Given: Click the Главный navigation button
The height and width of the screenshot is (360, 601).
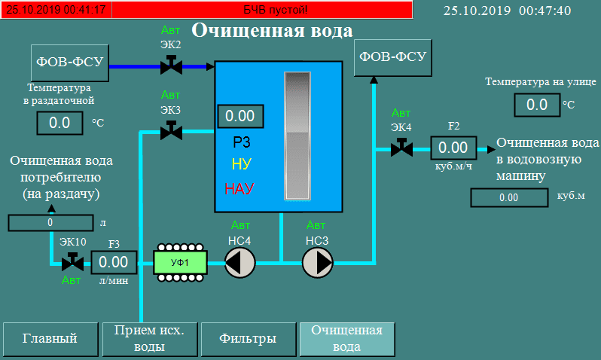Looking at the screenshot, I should point(50,338).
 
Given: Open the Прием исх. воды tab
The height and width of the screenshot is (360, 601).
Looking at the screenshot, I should point(148,338).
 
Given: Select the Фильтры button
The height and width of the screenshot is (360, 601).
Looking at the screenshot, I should point(247,338).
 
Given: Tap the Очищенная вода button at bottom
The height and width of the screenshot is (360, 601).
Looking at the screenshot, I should point(346,338).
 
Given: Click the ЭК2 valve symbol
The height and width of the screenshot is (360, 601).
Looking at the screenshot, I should point(171,66).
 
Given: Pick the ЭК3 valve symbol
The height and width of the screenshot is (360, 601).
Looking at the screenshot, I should point(171,132).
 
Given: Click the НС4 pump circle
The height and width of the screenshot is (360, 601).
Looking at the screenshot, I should point(240,262).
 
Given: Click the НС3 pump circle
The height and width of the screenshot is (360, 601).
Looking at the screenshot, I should point(317,262).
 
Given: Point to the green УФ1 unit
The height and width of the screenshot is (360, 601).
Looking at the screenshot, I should point(179,262).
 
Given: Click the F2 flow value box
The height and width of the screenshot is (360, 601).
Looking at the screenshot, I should point(453,148).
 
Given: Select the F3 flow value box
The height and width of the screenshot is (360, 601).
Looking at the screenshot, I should point(114,262).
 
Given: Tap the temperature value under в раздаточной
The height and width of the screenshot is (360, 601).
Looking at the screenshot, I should point(59,122).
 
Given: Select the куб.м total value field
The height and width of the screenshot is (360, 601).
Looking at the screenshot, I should point(508,197).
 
